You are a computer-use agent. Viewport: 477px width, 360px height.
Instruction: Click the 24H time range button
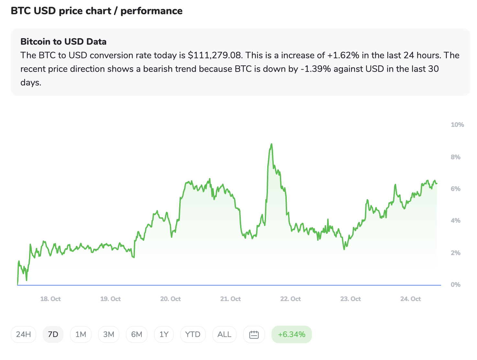[x=23, y=334]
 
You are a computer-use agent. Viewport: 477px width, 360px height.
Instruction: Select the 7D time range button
[x=53, y=334]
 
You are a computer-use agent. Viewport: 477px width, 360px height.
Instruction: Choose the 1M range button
[x=81, y=334]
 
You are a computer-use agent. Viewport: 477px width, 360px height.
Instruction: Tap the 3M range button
[x=109, y=334]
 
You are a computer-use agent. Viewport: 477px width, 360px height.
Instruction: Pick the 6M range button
[x=137, y=334]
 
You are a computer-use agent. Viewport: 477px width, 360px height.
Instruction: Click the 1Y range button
[x=164, y=334]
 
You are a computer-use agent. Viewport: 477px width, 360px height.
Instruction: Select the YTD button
[x=193, y=334]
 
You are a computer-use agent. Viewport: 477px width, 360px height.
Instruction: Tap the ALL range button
[x=224, y=334]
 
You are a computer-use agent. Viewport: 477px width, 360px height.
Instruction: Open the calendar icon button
[x=254, y=334]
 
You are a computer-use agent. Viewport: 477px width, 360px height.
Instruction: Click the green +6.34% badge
[x=292, y=334]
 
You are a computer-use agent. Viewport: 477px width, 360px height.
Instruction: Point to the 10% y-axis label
[x=457, y=125]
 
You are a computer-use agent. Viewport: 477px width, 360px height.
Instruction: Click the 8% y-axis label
[x=455, y=157]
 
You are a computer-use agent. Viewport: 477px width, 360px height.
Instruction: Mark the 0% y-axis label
[x=455, y=285]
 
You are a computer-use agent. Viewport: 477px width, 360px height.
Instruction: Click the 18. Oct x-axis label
[x=50, y=299]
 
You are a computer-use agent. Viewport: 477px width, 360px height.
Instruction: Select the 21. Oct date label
[x=230, y=299]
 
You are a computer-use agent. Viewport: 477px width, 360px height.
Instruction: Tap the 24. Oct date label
[x=410, y=299]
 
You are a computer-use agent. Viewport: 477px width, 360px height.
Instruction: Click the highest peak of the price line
[x=272, y=144]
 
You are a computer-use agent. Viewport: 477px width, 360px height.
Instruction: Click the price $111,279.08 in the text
[x=215, y=55]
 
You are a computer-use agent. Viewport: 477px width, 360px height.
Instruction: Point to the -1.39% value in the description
[x=316, y=69]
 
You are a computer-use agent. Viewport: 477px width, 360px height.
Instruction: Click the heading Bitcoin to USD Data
[x=63, y=42]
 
